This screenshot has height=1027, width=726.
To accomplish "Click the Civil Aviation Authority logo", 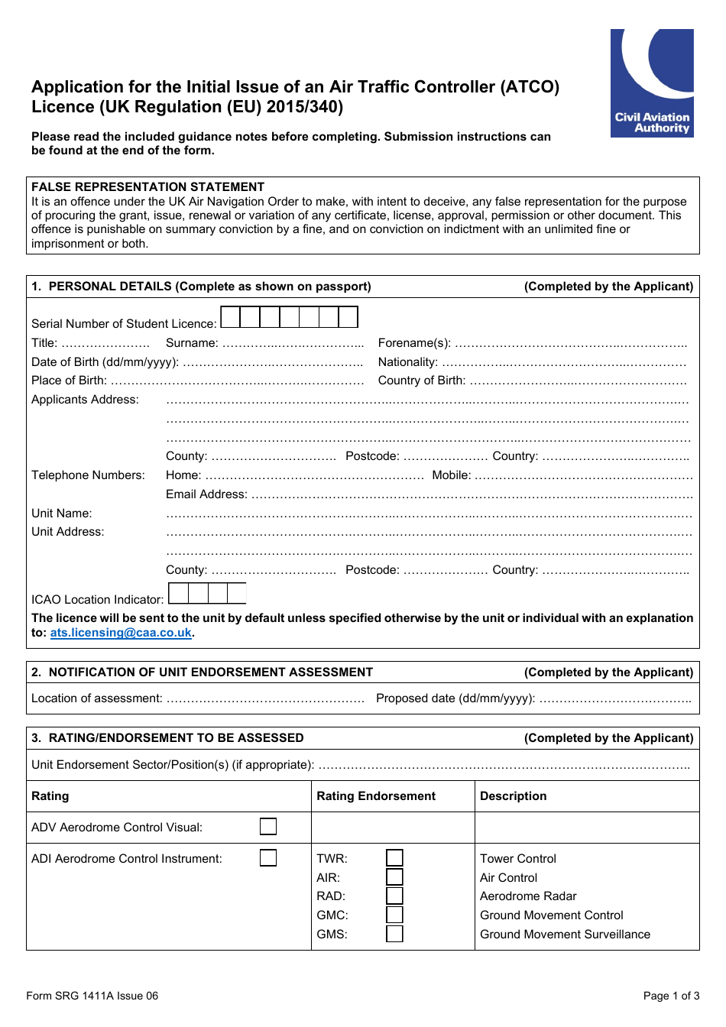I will pyautogui.click(x=652, y=83).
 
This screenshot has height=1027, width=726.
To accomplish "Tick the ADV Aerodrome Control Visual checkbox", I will pyautogui.click(x=268, y=827).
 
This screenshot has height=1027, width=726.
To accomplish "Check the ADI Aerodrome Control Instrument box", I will pyautogui.click(x=268, y=858).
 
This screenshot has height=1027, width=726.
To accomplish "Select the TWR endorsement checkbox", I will pyautogui.click(x=394, y=858).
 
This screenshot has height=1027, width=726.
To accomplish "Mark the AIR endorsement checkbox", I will pyautogui.click(x=394, y=877).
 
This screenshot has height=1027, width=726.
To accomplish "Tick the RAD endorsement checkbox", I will pyautogui.click(x=394, y=896).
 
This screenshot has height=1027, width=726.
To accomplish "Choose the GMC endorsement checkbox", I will pyautogui.click(x=394, y=915).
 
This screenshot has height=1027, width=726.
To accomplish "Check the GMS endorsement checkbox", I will pyautogui.click(x=394, y=934).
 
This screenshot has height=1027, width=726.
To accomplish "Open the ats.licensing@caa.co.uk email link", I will pyautogui.click(x=121, y=633).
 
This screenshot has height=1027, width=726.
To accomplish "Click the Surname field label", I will pyautogui.click(x=192, y=343).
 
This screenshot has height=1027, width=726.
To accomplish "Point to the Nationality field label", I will pyautogui.click(x=408, y=362).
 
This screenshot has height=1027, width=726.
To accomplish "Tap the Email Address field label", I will pyautogui.click(x=206, y=494).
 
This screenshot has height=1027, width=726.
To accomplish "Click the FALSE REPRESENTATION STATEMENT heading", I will pyautogui.click(x=147, y=187).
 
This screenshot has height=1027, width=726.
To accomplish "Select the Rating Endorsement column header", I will pyautogui.click(x=376, y=796).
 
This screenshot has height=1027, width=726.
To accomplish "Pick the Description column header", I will pyautogui.click(x=513, y=796).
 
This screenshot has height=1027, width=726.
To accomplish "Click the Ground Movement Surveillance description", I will pyautogui.click(x=565, y=935).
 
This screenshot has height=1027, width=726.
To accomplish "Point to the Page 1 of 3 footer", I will pyautogui.click(x=671, y=996).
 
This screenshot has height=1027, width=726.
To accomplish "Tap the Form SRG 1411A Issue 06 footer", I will pyautogui.click(x=92, y=996).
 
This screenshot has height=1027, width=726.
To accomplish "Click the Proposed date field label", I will pyautogui.click(x=455, y=698).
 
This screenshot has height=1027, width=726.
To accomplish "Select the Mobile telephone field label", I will pyautogui.click(x=452, y=475).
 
